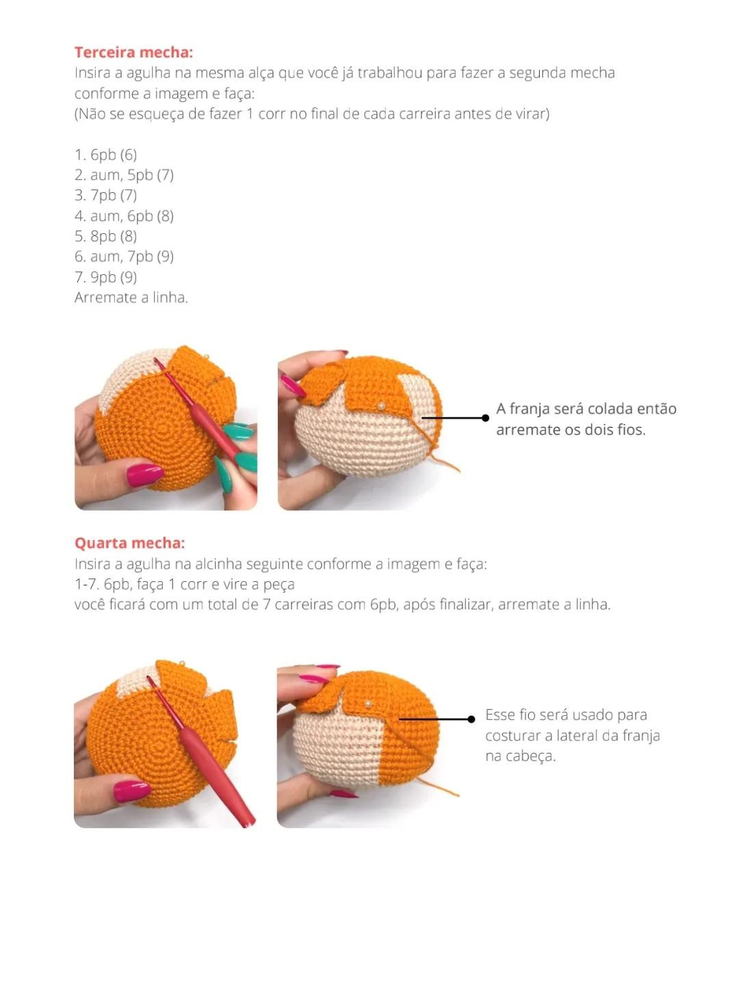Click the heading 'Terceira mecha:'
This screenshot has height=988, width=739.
(133, 53)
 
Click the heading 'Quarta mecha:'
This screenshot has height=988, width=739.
(129, 543)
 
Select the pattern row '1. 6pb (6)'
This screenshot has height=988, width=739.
(105, 155)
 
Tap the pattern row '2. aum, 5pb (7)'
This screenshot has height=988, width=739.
(124, 175)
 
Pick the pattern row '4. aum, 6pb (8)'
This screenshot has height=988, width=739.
(124, 216)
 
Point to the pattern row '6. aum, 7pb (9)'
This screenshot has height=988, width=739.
(124, 256)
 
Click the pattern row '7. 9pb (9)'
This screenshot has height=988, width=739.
(105, 277)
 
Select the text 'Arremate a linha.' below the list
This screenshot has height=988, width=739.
(131, 297)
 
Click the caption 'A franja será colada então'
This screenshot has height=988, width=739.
(586, 409)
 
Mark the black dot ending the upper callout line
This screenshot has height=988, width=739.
(485, 418)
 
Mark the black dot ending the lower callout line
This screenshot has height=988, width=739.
(471, 719)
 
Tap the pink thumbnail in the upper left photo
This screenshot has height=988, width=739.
(144, 474)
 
